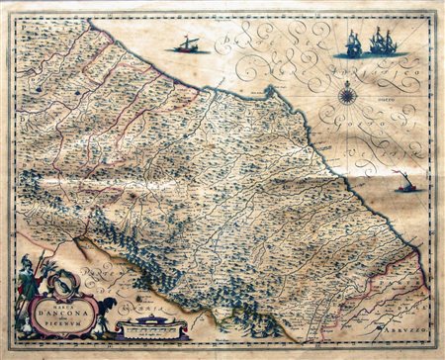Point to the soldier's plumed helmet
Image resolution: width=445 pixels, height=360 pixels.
coord(28,264)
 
